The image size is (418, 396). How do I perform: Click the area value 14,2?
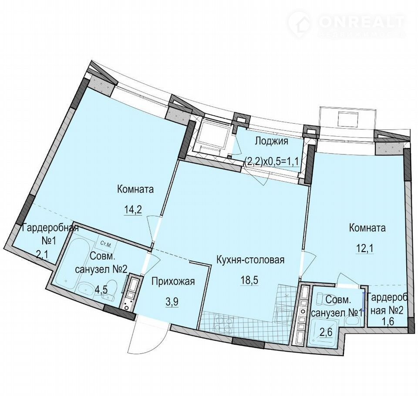coord(133,210)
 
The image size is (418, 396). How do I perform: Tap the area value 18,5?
coord(249,281)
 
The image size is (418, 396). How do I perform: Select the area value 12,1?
coord(365,248)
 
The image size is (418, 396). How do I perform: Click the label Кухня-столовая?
coord(250,259)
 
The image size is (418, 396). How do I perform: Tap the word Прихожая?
coord(173,281)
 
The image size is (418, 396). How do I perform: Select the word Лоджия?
coord(271,141)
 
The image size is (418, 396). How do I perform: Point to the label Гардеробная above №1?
coord(51,228)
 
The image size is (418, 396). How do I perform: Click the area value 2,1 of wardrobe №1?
coord(42,255)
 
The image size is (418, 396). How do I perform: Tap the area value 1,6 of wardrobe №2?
coord(388,321)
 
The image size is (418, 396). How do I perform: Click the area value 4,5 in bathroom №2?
coord(101,290)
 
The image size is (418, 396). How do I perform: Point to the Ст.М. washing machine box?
coord(106,243)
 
